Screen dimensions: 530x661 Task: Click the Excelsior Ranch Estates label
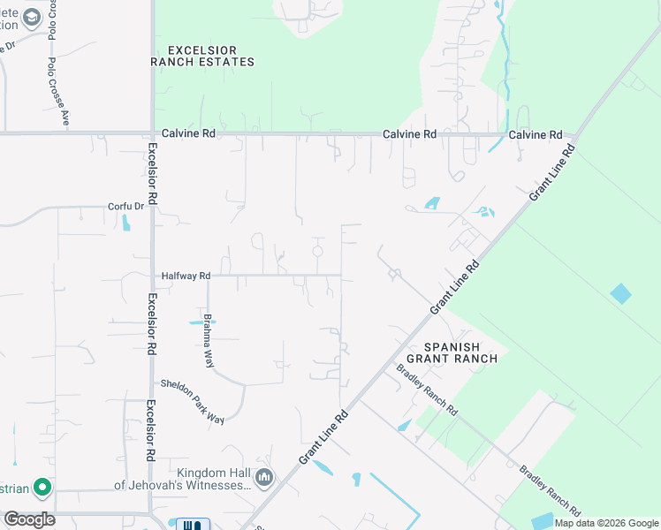click(x=203, y=55)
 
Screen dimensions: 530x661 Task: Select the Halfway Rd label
click(x=186, y=276)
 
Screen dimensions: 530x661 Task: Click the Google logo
click(x=29, y=519)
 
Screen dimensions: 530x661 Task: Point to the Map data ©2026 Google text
click(x=606, y=523)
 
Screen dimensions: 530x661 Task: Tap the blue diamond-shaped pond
click(x=621, y=293)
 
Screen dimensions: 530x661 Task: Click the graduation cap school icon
click(x=32, y=17)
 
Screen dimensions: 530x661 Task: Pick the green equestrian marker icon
click(x=42, y=487)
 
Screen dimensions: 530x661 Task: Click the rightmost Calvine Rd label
click(x=536, y=134)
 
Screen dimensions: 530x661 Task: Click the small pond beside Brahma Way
click(x=197, y=322)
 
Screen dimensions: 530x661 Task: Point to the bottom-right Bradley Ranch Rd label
click(x=550, y=491)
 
